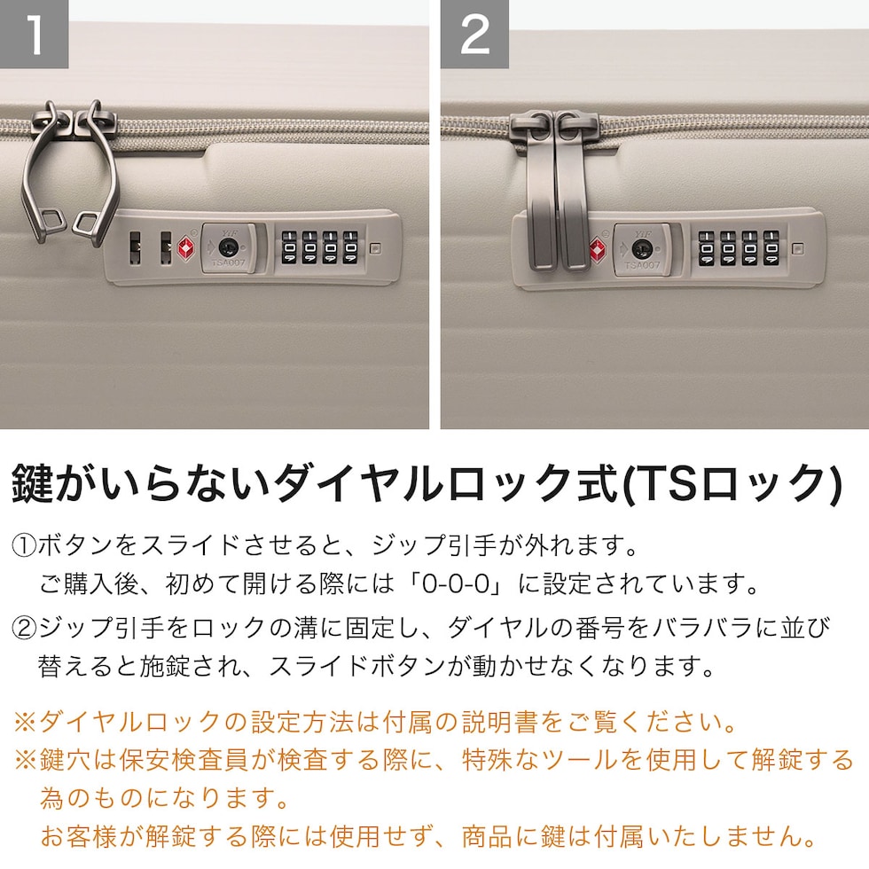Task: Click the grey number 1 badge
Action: [x=34, y=34]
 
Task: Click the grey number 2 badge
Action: [x=474, y=34]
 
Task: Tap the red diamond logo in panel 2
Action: [x=598, y=250]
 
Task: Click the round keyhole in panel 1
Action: [x=227, y=247]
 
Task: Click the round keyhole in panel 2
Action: [x=640, y=249]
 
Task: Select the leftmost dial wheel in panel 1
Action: [x=289, y=247]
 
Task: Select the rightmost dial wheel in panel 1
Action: [x=350, y=247]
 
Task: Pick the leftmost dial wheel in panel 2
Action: [x=706, y=249]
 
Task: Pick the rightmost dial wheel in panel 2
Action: [x=771, y=249]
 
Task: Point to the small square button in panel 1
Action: [x=375, y=248]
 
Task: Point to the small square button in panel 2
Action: [x=797, y=248]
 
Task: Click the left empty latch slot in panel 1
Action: [x=135, y=247]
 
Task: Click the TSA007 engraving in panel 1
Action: [x=228, y=262]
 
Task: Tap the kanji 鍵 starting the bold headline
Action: [x=34, y=484]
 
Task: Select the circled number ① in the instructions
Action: [x=24, y=546]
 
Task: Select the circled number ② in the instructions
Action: [x=24, y=628]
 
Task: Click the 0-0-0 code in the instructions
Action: [x=456, y=584]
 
